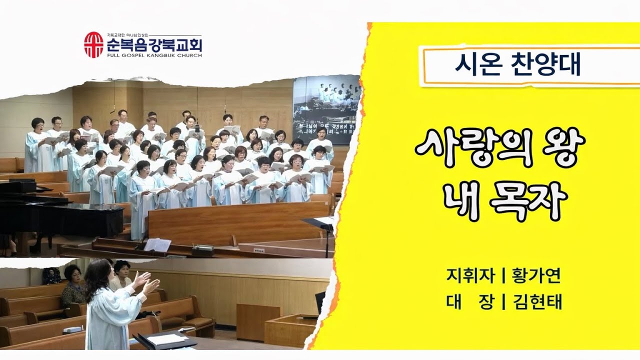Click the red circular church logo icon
[x=93, y=44]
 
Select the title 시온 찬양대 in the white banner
[x=517, y=65]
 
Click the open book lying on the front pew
[x=157, y=244]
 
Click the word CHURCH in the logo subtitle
[x=190, y=55]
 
